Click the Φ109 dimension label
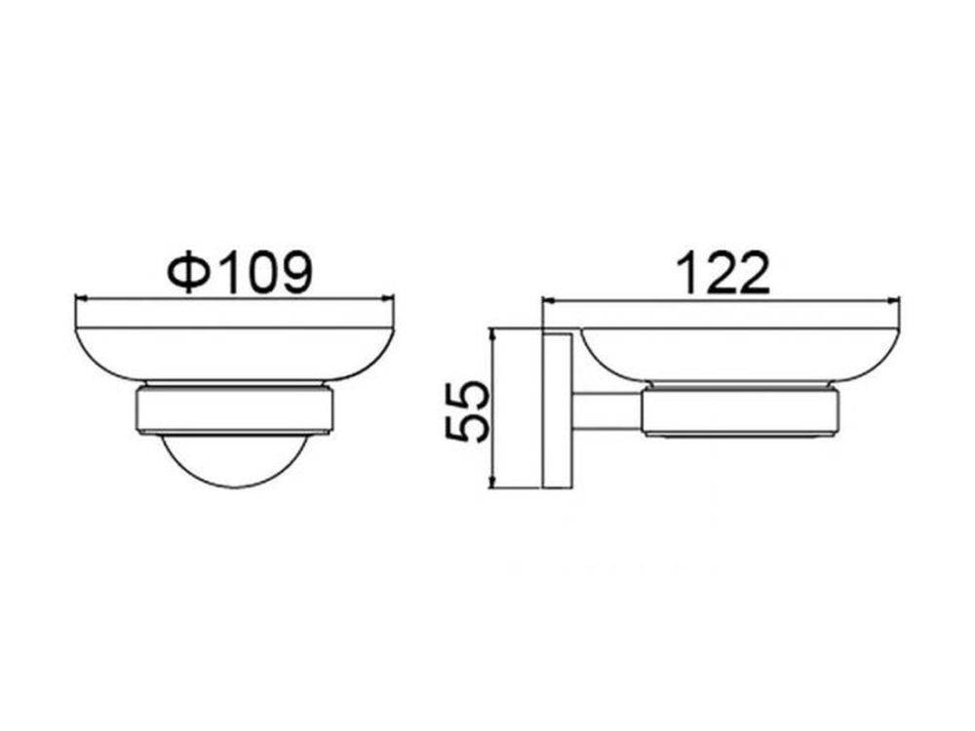click(x=239, y=272)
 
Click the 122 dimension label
click(x=724, y=273)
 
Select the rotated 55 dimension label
click(x=468, y=411)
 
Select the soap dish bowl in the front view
click(x=234, y=353)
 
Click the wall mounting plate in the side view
click(x=558, y=410)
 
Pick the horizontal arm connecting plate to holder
click(x=607, y=411)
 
